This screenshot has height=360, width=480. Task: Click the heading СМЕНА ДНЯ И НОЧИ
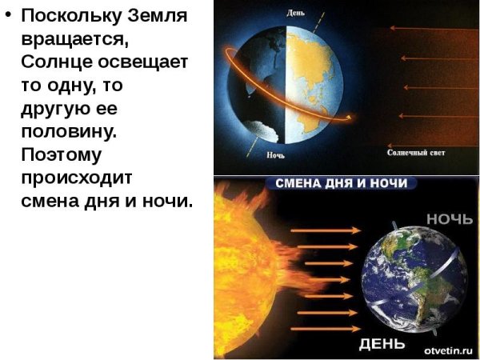click(341, 183)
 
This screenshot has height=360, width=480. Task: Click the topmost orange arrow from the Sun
click(319, 230)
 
